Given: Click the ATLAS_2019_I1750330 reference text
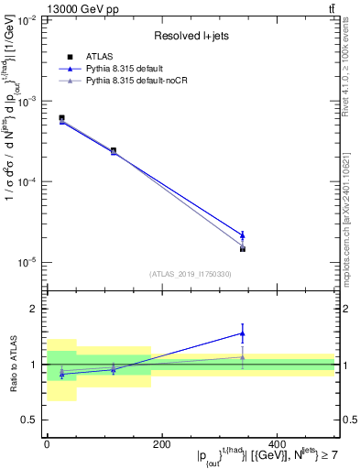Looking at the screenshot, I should point(190,273).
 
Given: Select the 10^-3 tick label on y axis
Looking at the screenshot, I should point(27,102).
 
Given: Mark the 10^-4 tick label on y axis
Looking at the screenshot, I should point(27,182).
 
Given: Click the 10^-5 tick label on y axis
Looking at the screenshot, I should point(27,263).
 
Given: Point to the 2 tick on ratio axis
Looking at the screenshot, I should point(34,309).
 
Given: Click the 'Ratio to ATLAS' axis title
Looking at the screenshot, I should point(12,364).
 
